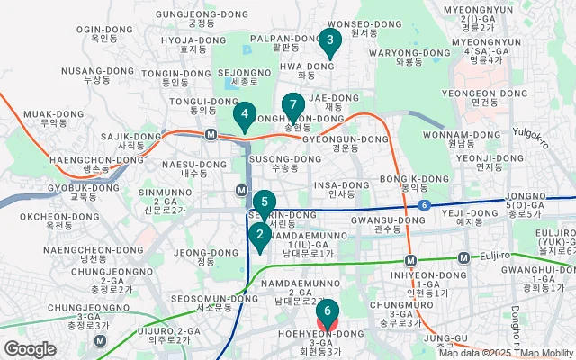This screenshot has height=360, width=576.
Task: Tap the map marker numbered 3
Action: coord(330,40)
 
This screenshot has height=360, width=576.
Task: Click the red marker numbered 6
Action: coord(327,311)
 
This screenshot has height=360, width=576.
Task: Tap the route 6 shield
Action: coord(423,206)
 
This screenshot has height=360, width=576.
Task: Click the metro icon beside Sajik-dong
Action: coord(211,135)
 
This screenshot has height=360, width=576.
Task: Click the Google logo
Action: coord(30,349)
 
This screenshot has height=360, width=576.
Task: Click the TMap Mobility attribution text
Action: coord(542,353)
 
